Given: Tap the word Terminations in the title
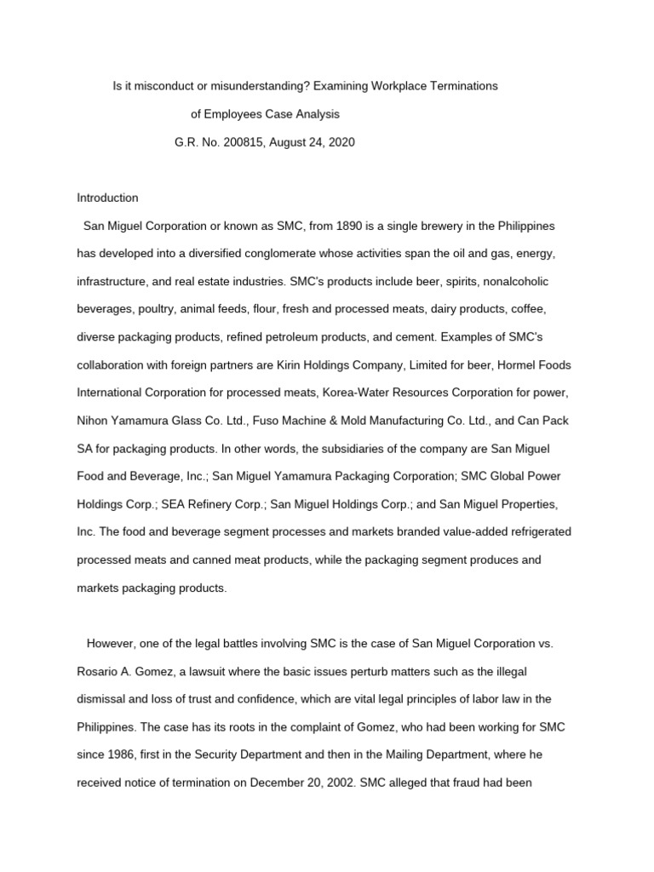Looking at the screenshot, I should click(463, 86).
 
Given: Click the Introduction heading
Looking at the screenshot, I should click(107, 198).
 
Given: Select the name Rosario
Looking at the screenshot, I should click(98, 672).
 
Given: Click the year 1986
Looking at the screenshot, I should click(110, 755).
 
